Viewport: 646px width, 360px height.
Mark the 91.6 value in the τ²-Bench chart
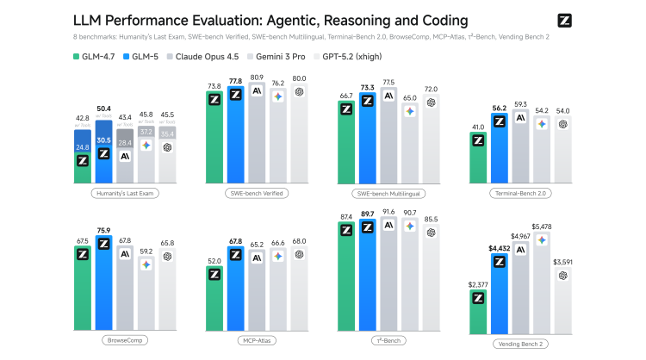pos(388,212)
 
